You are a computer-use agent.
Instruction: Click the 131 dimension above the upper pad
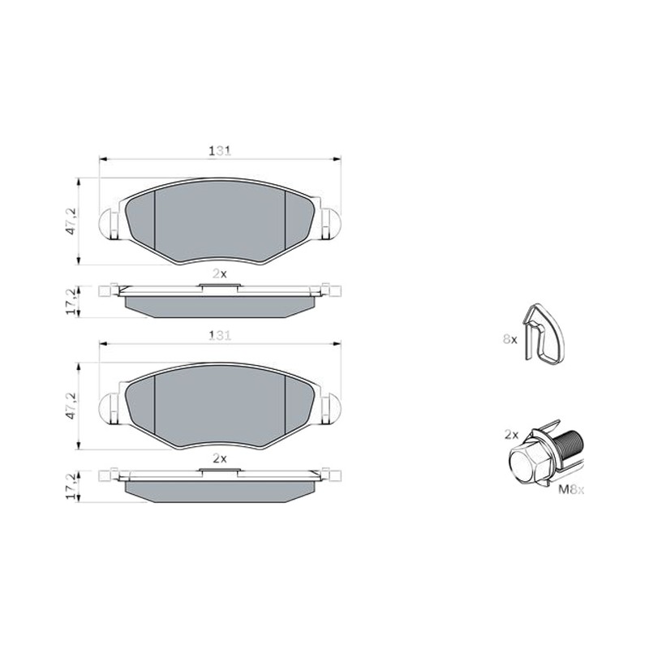220,151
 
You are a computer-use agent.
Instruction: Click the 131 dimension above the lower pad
220,335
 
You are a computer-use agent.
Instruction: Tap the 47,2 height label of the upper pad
72,221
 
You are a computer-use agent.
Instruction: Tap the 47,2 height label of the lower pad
72,406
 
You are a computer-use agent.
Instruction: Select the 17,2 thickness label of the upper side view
72,302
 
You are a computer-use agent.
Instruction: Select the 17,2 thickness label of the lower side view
72,486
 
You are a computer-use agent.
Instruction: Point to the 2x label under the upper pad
220,273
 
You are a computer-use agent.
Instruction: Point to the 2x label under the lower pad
220,458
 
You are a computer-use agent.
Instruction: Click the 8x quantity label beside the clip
510,339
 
